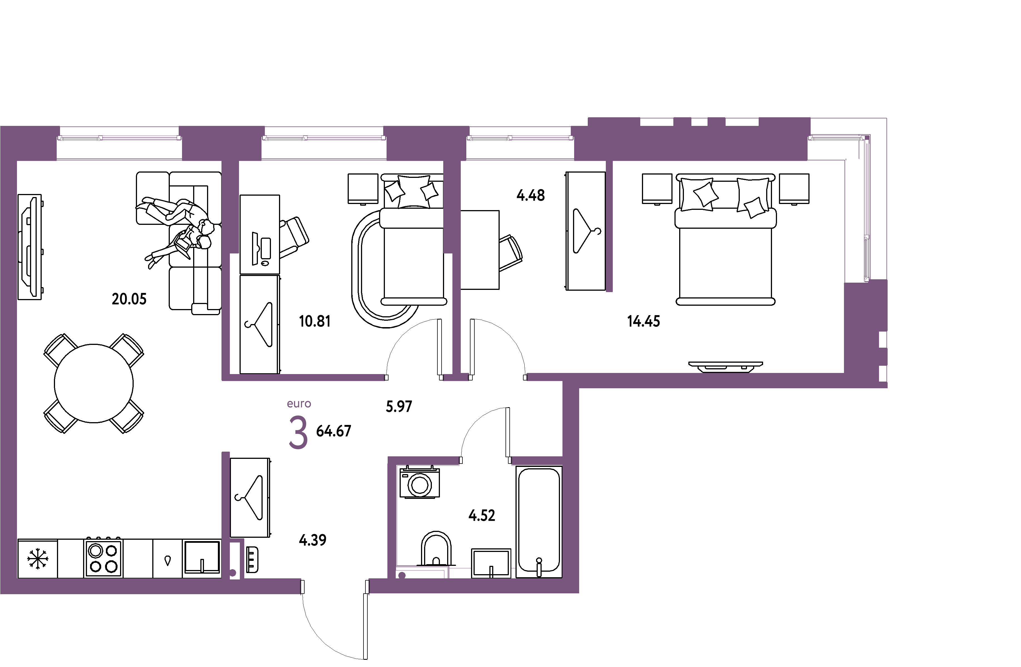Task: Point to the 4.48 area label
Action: coord(531,196)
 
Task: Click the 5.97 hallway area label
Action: coord(399,406)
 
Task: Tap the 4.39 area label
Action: coord(313,540)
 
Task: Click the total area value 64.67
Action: coord(334,431)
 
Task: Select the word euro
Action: coord(299,404)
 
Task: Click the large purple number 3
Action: coord(298,434)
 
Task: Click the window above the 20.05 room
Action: coord(119,138)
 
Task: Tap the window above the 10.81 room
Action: coord(324,138)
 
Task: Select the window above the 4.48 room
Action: coord(521,138)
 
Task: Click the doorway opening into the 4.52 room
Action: coord(485,461)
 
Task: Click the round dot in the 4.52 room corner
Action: coord(402,576)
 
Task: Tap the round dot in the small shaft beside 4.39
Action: coord(233,573)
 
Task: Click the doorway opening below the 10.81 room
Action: coord(414,377)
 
